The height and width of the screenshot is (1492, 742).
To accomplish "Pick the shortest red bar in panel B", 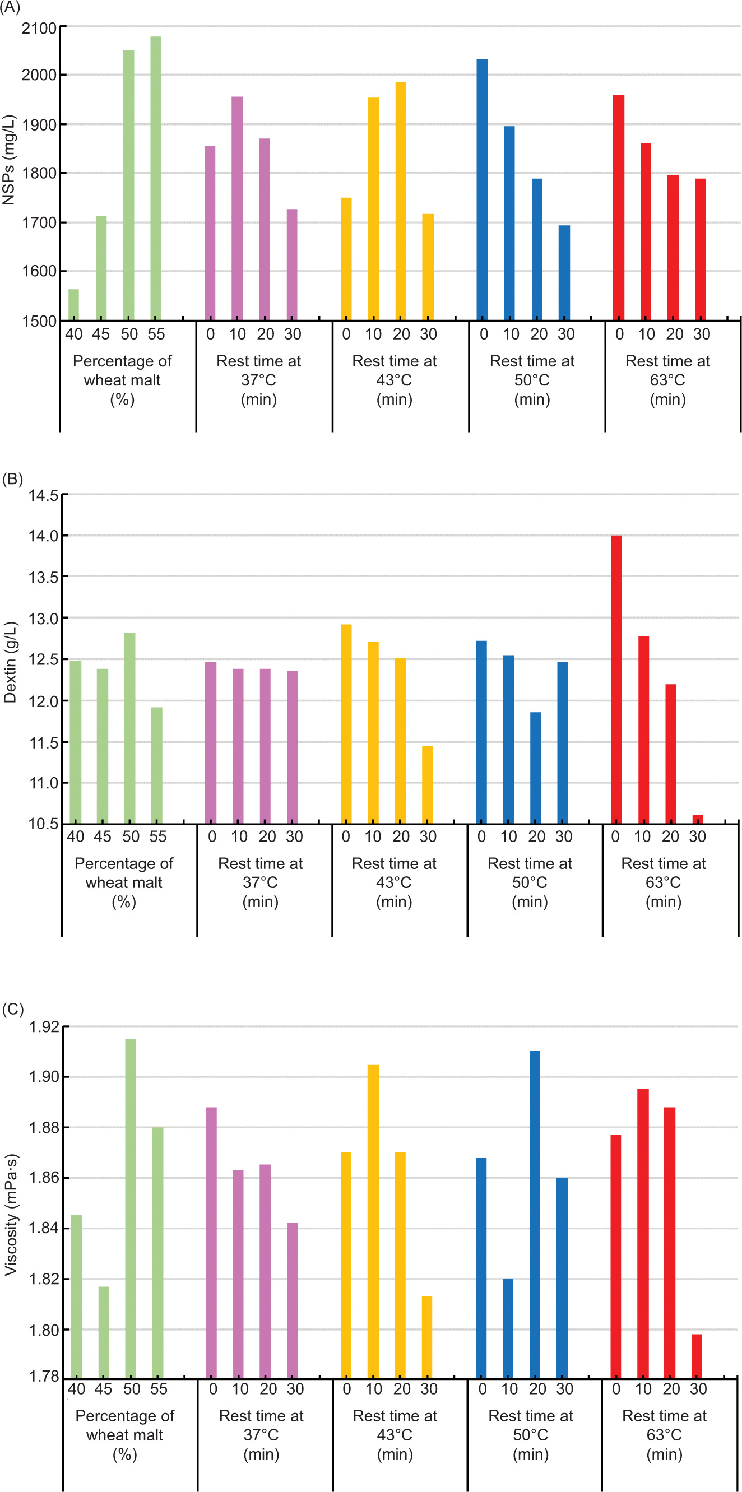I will pyautogui.click(x=698, y=819).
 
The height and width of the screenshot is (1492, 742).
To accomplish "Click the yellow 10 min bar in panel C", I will pyautogui.click(x=373, y=1222).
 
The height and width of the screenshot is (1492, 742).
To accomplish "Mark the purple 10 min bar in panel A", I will pyautogui.click(x=238, y=208).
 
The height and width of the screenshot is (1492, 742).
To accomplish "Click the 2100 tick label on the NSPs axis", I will pyautogui.click(x=39, y=28).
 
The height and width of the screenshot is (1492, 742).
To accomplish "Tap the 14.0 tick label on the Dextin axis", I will pyautogui.click(x=44, y=536).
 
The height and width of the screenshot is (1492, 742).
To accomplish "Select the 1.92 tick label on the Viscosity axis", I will pyautogui.click(x=44, y=1027).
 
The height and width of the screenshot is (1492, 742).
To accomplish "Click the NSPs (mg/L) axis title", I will pyautogui.click(x=9, y=160).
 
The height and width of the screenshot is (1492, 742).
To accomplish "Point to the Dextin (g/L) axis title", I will pyautogui.click(x=10, y=663).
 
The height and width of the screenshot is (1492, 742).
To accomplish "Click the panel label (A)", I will pyautogui.click(x=10, y=7).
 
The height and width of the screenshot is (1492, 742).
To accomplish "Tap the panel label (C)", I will pyautogui.click(x=12, y=1009).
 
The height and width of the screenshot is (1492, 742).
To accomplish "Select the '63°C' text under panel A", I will pyautogui.click(x=667, y=380).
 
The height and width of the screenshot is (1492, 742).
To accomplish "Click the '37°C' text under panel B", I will pyautogui.click(x=260, y=882).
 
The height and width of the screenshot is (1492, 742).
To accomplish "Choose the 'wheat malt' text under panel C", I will pyautogui.click(x=124, y=1435).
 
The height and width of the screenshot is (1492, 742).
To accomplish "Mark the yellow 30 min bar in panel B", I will pyautogui.click(x=428, y=785).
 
